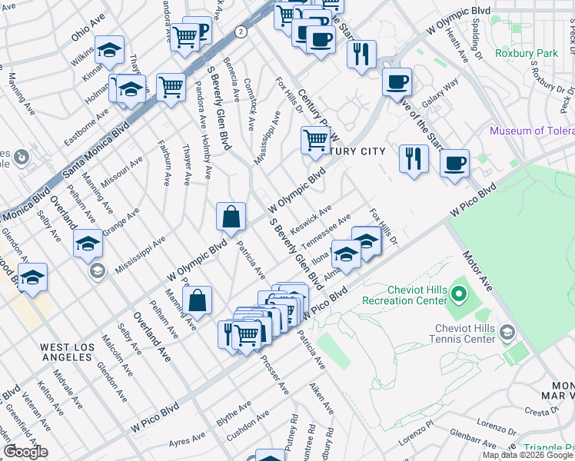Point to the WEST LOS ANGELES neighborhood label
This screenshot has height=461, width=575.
pyautogui.click(x=68, y=353)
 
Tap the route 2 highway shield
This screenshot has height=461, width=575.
pyautogui.click(x=241, y=32)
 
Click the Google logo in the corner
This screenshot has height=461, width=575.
pyautogui.click(x=26, y=452)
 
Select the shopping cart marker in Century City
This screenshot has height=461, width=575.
pyautogui.click(x=314, y=140)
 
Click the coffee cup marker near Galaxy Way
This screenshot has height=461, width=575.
pyautogui.click(x=397, y=81)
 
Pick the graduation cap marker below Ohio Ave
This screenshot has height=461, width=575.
pyautogui.click(x=109, y=51)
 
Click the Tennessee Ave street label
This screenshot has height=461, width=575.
pyautogui.click(x=329, y=230)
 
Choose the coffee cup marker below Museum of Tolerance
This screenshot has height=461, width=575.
pyautogui.click(x=455, y=163)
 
